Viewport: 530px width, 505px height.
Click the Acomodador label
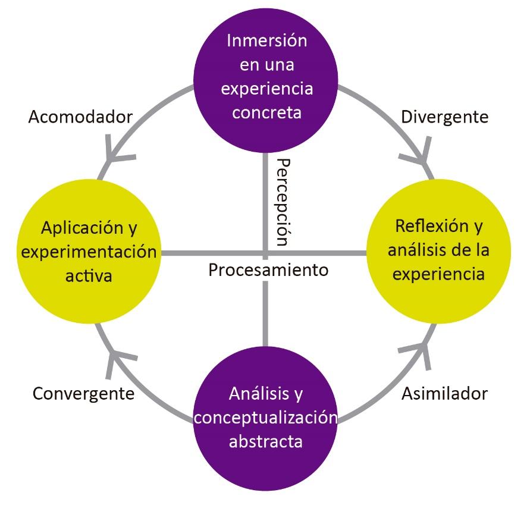(80, 117)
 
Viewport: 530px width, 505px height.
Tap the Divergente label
(444, 117)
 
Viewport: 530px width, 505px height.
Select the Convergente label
(83, 393)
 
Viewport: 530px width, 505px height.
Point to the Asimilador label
(444, 393)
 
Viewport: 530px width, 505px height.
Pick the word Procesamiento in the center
(268, 269)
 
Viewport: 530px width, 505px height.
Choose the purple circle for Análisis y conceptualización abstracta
(265, 416)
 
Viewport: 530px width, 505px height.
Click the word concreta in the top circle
(267, 112)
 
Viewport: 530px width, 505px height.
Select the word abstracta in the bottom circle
(266, 441)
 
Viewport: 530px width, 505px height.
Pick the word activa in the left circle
(89, 276)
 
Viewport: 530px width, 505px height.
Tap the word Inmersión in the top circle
(267, 41)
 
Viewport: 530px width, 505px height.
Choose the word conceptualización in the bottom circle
(266, 417)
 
